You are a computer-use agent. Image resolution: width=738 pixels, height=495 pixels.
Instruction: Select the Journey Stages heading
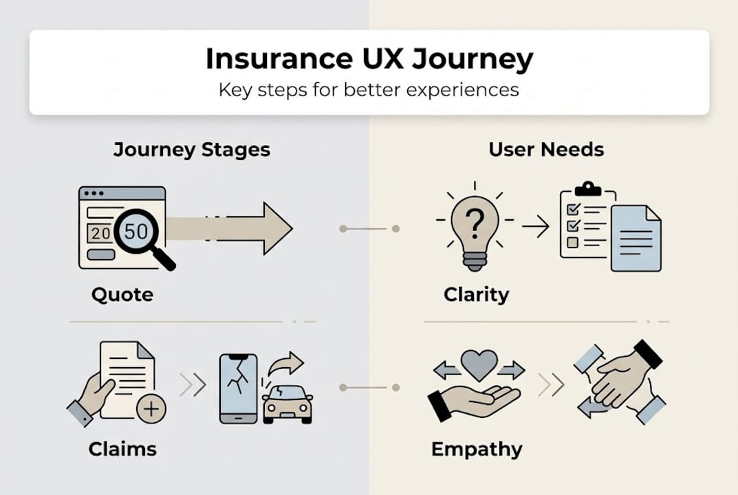point(191,150)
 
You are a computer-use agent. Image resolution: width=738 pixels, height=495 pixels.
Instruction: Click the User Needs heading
point(546,150)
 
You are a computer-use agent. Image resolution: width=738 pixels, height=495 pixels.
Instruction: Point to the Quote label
point(122,295)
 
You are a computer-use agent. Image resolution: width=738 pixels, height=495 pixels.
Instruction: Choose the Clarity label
point(476,295)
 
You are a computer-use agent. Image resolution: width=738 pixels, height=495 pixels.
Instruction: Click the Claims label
point(122,450)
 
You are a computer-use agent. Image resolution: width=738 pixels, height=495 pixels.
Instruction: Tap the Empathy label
point(477,450)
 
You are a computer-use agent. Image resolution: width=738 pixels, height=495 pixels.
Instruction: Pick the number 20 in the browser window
point(101,233)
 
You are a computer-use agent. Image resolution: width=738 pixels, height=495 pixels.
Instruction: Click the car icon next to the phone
point(287,404)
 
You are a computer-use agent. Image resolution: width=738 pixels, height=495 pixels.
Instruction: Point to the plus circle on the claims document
point(151,410)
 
